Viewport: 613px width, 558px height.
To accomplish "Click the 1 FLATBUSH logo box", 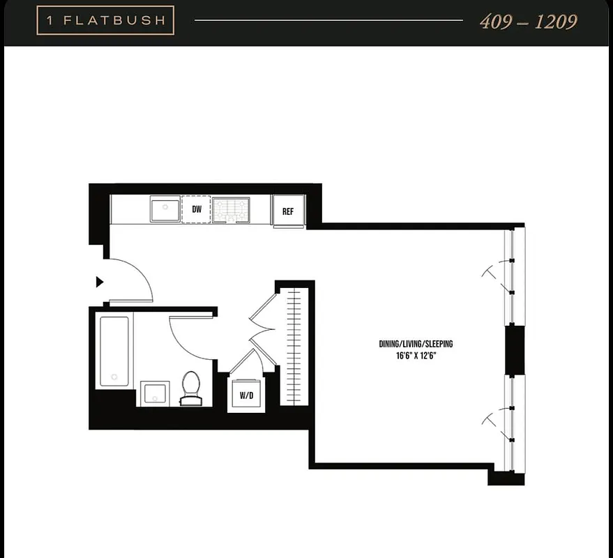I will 105,20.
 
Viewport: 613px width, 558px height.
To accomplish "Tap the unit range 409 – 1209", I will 528,22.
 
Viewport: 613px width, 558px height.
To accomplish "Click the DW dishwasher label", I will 197,209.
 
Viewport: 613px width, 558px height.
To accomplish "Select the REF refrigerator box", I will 288,211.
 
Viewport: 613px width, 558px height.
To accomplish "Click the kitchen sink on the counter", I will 165,209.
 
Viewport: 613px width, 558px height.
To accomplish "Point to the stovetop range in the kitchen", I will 231,209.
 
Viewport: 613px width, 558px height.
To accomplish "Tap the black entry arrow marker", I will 100,282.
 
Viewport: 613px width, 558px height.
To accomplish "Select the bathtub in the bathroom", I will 114,351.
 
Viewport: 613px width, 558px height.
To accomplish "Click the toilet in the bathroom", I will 190,388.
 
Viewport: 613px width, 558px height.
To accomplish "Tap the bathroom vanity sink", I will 153,393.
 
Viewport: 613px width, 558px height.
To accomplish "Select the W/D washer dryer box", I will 246,395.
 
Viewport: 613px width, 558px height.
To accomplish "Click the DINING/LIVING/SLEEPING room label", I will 416,344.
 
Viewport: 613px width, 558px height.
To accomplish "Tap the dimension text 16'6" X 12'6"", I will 416,355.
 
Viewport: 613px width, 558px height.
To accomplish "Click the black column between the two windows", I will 515,349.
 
